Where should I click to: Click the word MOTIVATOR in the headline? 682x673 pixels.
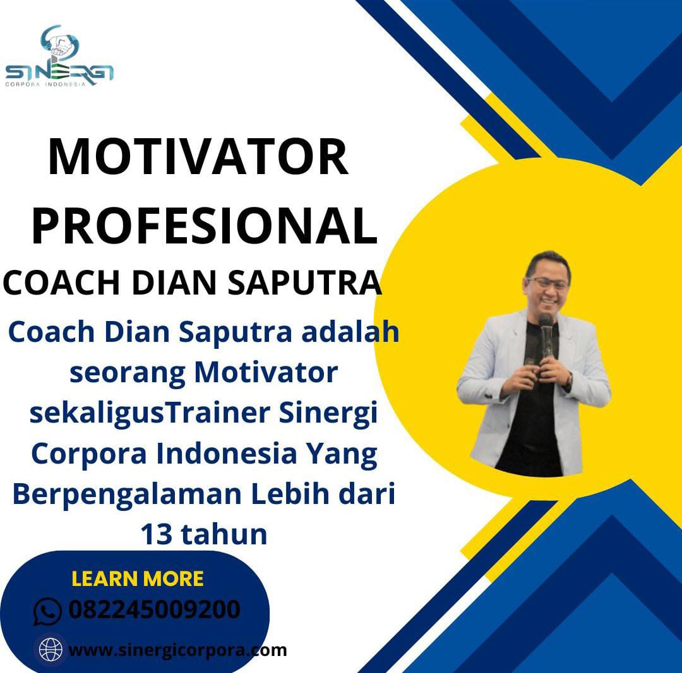pyautogui.click(x=198, y=157)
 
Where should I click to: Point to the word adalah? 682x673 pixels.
pyautogui.click(x=350, y=332)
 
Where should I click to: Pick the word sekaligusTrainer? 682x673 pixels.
pyautogui.click(x=150, y=414)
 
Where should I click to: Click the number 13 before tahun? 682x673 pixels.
pyautogui.click(x=157, y=534)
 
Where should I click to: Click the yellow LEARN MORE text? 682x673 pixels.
pyautogui.click(x=138, y=579)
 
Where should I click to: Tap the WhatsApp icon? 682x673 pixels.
pyautogui.click(x=47, y=611)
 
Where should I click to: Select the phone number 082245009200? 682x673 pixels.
pyautogui.click(x=155, y=609)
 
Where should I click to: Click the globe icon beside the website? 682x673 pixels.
pyautogui.click(x=51, y=650)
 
